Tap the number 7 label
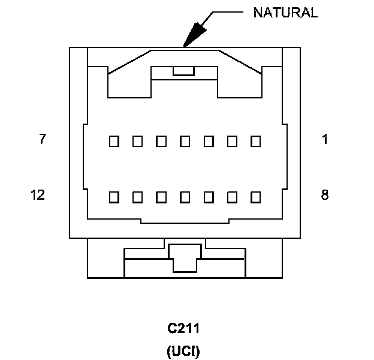[x=42, y=140]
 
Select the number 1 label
[x=324, y=140]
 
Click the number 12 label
[x=37, y=195]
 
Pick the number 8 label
[x=324, y=195]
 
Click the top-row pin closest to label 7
[x=114, y=142]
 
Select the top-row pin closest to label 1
[x=256, y=142]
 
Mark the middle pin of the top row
[x=185, y=142]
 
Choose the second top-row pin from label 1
[x=233, y=142]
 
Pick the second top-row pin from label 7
[x=137, y=142]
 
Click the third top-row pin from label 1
[x=209, y=142]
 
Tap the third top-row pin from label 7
[x=161, y=142]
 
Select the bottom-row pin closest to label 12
[x=114, y=196]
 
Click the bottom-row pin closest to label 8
[x=256, y=196]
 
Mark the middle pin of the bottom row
[x=185, y=196]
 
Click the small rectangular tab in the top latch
[x=183, y=71]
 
